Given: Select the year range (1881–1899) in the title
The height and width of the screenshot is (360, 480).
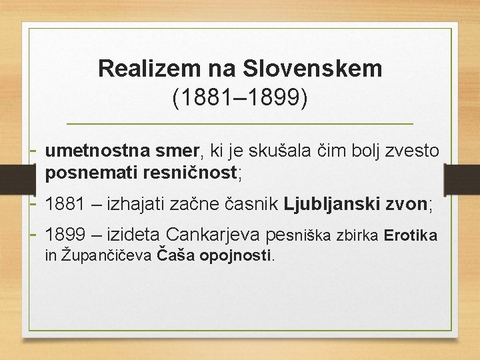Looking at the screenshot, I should (240, 97).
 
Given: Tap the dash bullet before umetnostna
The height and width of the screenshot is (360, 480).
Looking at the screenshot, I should (34, 151).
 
